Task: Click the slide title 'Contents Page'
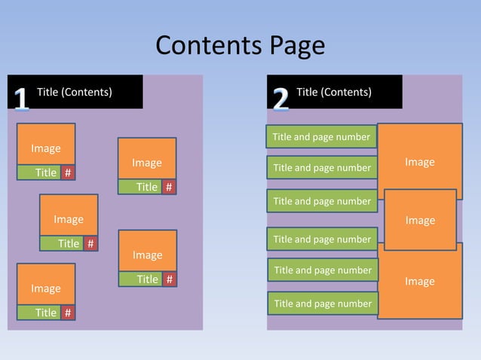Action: [240, 47]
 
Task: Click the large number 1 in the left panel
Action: [22, 99]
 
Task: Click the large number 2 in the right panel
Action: [280, 99]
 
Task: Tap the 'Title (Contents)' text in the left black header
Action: [75, 92]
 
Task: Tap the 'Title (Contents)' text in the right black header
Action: [334, 92]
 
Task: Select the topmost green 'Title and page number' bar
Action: [321, 137]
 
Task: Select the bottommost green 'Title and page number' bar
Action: [322, 304]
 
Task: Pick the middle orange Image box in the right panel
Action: [420, 219]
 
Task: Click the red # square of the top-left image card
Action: [68, 172]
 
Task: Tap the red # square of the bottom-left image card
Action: [68, 313]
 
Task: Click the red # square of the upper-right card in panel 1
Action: [169, 187]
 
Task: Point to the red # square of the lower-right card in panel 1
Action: [169, 279]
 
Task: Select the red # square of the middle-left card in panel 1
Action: [90, 243]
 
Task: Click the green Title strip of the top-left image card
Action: [39, 172]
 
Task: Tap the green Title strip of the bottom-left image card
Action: [39, 313]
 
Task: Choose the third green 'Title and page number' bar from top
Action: [322, 201]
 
